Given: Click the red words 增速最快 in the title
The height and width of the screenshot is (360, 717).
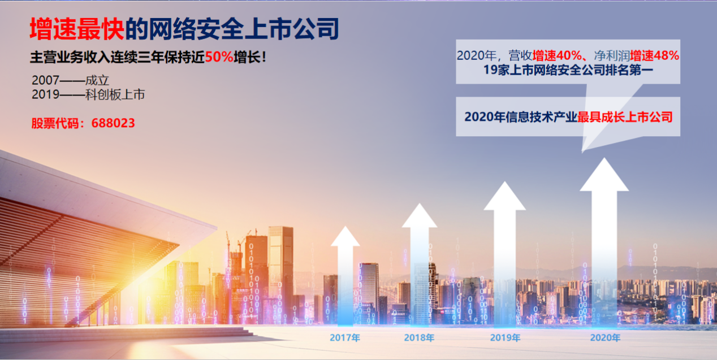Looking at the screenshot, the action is (x=77, y=29).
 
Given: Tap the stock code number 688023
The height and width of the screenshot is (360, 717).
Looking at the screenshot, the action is (x=113, y=123).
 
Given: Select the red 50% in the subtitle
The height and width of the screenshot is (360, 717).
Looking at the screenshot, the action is (x=219, y=57).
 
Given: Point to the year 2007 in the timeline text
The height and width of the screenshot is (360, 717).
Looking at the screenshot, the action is (x=45, y=80).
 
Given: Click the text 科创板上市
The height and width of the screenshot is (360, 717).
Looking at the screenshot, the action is (x=115, y=95).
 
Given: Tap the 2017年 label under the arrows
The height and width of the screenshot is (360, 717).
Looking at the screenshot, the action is (x=345, y=337).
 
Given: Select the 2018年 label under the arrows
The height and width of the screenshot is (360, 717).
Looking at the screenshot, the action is (x=420, y=337).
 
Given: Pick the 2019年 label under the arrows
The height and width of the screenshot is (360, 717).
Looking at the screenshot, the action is (x=505, y=337).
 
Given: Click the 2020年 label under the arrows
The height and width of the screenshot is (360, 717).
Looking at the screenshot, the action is (x=605, y=337).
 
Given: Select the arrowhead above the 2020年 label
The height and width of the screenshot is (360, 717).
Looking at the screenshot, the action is (x=604, y=176).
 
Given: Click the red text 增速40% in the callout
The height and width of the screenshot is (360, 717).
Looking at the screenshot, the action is (x=557, y=56).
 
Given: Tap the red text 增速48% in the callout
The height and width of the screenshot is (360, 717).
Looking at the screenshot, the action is (x=655, y=56).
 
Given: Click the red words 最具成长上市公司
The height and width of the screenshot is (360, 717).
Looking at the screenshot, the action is (x=625, y=117).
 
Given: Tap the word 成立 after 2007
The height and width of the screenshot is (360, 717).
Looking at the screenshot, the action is (x=97, y=80).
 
